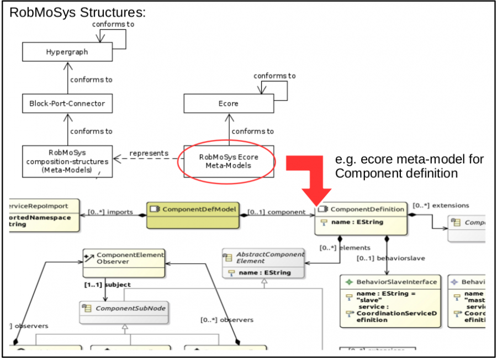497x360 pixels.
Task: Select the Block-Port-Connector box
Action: [67, 104]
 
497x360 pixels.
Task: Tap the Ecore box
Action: [228, 104]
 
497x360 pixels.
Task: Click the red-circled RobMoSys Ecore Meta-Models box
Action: [228, 161]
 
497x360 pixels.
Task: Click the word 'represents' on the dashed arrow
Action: [149, 153]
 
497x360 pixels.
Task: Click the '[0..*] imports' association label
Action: [110, 212]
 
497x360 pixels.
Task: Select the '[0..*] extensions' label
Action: [441, 205]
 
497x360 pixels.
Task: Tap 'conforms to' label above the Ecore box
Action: [274, 76]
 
